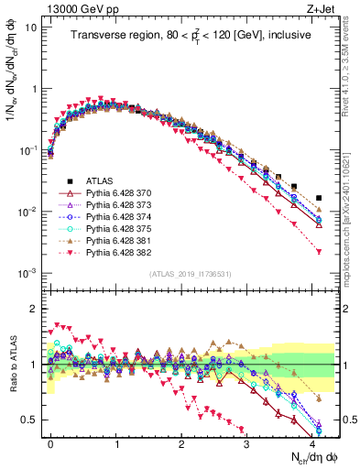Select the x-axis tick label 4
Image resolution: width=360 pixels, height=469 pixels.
(x=312, y=442)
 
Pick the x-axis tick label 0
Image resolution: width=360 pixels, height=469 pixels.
(x=50, y=442)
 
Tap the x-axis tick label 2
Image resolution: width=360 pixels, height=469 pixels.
(x=181, y=442)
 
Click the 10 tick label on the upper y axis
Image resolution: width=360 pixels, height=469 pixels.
(x=30, y=27)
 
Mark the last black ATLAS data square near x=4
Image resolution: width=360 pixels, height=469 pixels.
(x=318, y=198)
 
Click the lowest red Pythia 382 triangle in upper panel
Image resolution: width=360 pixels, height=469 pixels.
(x=318, y=251)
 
